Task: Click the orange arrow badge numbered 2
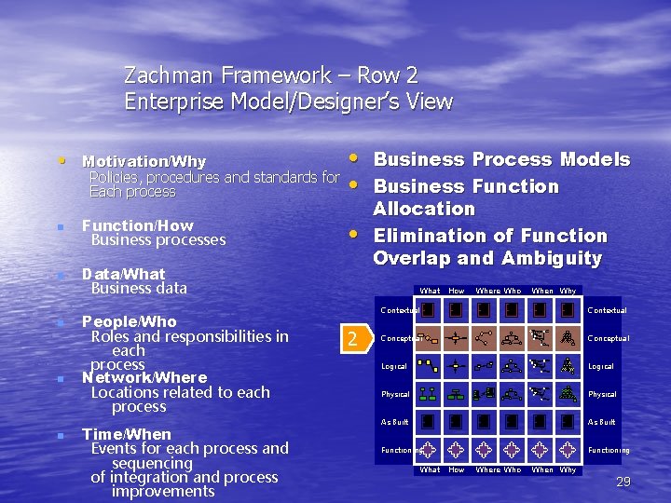pos(352,338)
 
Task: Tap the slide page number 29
pos(623,482)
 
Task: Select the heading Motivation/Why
pos(144,162)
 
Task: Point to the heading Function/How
pos(137,225)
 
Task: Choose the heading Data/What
pos(123,274)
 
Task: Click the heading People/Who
pos(129,321)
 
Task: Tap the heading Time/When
pos(126,434)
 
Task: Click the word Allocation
pos(424,209)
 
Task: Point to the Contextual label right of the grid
pos(608,310)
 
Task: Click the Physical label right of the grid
pos(602,394)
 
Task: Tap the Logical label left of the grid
pos(393,366)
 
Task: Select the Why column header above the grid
pos(568,291)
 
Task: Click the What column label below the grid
pos(430,469)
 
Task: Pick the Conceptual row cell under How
pos(456,338)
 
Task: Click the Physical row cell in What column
pos(429,394)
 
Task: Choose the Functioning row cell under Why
pos(568,450)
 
